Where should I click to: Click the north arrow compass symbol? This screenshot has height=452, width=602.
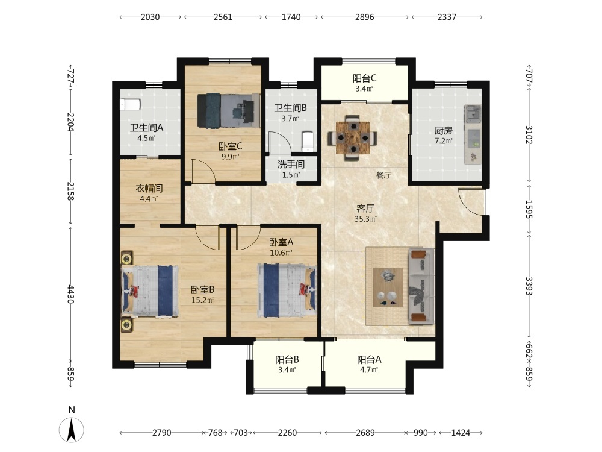[x=72, y=429]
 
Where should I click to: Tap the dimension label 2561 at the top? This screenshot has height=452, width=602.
[x=223, y=17]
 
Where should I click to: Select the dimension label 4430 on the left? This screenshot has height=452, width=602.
[x=70, y=294]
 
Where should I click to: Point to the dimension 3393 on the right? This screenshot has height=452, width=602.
[x=529, y=286]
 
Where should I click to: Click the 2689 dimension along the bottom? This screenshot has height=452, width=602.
[x=365, y=433]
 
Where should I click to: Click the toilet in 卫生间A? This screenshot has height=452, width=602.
[x=130, y=104]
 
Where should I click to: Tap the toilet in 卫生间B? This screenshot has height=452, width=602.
[x=308, y=140]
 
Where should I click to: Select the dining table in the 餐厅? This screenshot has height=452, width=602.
[x=352, y=137]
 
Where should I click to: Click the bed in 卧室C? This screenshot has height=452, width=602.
[x=229, y=111]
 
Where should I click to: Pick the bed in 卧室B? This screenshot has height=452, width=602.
[x=150, y=291]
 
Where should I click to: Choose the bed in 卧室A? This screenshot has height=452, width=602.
[x=287, y=290]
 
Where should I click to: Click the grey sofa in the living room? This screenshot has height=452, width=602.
[x=421, y=286]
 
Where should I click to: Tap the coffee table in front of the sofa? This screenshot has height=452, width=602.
[x=388, y=287]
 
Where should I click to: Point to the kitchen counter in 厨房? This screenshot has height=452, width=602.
[x=473, y=134]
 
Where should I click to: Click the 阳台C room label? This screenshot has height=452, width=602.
[x=364, y=78]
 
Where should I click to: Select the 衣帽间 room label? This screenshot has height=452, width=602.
[x=149, y=188]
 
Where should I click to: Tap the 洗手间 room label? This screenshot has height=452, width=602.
[x=291, y=165]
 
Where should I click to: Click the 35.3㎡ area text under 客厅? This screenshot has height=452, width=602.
[x=365, y=219]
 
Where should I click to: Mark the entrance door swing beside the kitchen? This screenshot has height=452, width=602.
[x=472, y=201]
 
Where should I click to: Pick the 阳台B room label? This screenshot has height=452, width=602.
[x=287, y=360]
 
